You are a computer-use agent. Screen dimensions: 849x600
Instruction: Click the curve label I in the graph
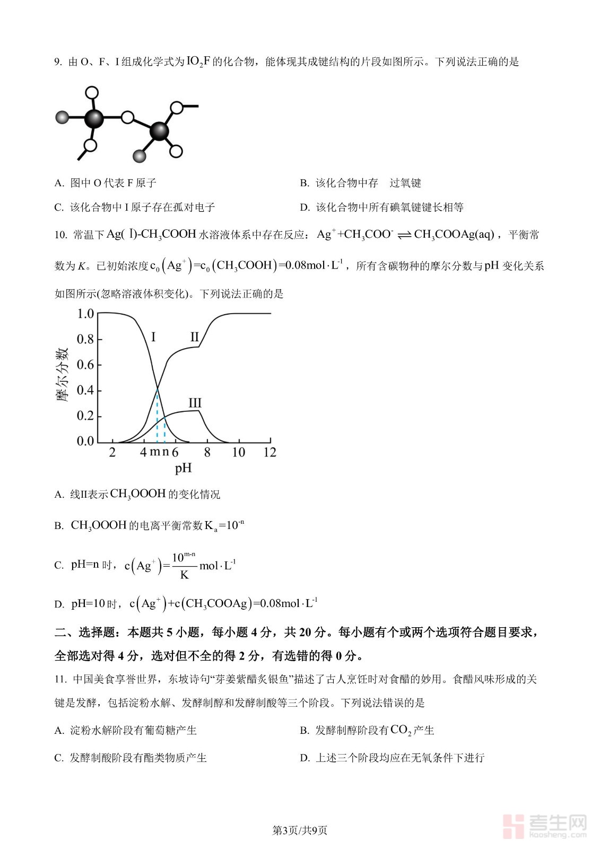(x=153, y=337)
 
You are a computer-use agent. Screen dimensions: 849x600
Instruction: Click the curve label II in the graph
(x=194, y=337)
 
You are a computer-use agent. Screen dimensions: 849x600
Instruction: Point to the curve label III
(x=195, y=403)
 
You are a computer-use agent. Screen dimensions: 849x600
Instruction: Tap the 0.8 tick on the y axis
(x=85, y=339)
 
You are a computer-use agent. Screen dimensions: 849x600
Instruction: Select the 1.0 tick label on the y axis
(x=85, y=314)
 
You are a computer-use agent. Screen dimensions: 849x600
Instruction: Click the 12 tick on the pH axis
(x=270, y=452)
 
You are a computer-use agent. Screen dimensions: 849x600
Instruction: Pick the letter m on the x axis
(x=154, y=452)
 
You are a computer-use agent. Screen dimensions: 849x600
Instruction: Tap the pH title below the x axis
(x=183, y=468)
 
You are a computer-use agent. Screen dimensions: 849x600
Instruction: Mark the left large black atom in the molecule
(x=94, y=118)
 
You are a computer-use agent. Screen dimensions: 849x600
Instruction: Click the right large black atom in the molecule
(x=159, y=131)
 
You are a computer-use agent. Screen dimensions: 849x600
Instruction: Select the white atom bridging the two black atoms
(x=127, y=117)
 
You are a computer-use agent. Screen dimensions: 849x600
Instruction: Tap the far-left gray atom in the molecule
(x=63, y=117)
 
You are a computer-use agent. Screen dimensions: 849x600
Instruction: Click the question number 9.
(x=58, y=62)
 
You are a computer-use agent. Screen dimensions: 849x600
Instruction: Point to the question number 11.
(x=60, y=680)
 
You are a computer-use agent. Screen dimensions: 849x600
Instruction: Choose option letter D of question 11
(x=305, y=758)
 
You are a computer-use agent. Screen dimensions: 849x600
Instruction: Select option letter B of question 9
(x=305, y=183)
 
